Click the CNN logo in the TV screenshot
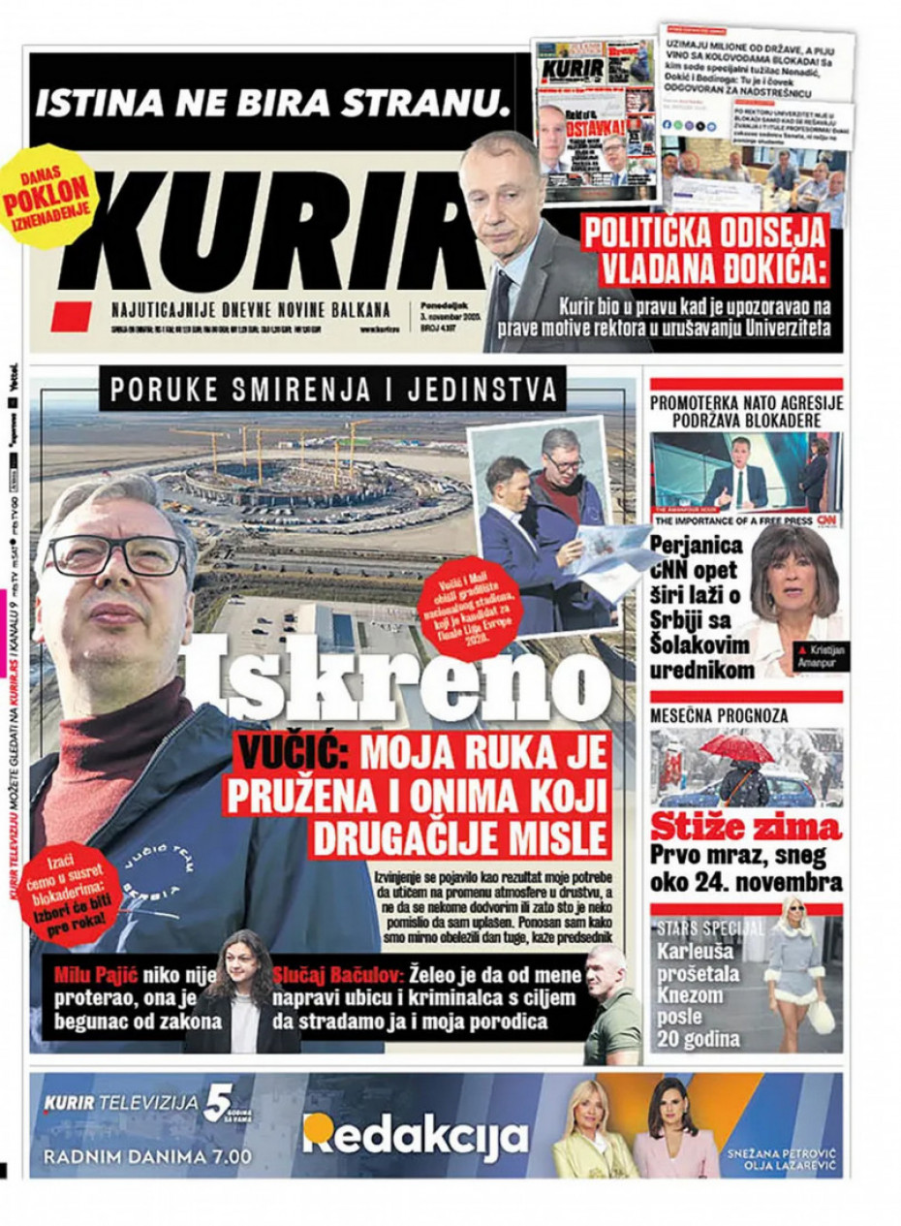(826, 520)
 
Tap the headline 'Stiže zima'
(745, 829)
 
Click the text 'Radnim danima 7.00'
(147, 1156)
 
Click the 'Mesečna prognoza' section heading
(719, 715)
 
